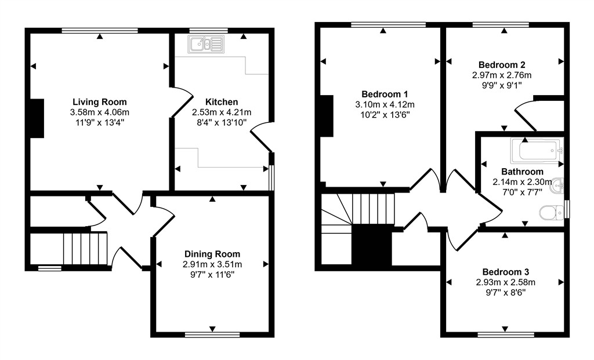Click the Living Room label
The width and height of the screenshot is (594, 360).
tap(99, 102)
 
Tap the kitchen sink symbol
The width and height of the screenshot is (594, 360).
tap(206, 44)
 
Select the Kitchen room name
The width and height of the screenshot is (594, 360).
tap(218, 102)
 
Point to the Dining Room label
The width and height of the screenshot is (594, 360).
tap(212, 254)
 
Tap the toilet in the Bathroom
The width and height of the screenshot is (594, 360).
tap(549, 213)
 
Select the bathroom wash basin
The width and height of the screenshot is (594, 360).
tap(558, 186)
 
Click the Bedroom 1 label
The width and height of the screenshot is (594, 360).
tap(385, 94)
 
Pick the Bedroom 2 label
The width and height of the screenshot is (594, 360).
tap(502, 65)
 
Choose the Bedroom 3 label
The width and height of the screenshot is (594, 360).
tap(505, 272)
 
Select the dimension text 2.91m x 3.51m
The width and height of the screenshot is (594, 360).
tap(212, 264)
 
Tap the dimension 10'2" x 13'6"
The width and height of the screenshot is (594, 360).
tap(385, 115)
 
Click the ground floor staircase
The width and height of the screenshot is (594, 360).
tap(85, 248)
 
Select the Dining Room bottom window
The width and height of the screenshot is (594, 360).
tap(212, 334)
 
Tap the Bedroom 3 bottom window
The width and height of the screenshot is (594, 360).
tap(505, 334)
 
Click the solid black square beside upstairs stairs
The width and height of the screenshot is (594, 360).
tap(372, 245)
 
